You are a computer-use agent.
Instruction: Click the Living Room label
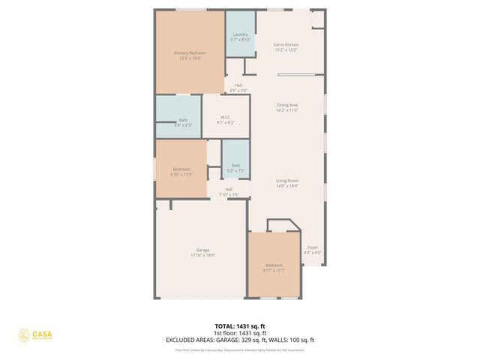pyautogui.click(x=287, y=182)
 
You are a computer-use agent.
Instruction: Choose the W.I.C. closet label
pyautogui.click(x=226, y=119)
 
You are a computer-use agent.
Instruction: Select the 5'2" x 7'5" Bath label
pyautogui.click(x=235, y=167)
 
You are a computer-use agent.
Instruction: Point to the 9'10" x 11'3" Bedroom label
pyautogui.click(x=182, y=172)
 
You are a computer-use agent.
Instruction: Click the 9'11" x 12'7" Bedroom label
pyautogui.click(x=274, y=268)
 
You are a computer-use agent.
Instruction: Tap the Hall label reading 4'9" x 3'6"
pyautogui.click(x=238, y=88)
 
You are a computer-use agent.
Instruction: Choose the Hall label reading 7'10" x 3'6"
pyautogui.click(x=229, y=191)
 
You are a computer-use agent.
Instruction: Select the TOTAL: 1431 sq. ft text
pyautogui.click(x=240, y=326)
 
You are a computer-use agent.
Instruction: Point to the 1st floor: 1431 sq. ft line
pyautogui.click(x=240, y=333)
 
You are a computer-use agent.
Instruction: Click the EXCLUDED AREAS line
pyautogui.click(x=240, y=340)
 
